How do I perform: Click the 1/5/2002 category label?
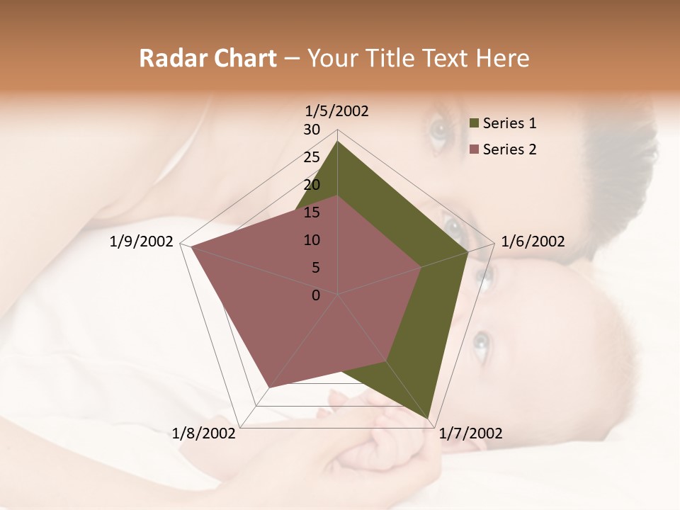pos(336,110)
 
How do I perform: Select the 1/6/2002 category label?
pos(533,242)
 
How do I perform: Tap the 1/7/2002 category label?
pos(470,433)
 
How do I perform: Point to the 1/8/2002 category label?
pos(204,433)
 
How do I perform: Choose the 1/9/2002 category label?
pos(142,242)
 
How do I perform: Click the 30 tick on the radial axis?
pos(312,130)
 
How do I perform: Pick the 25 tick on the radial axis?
pos(312,157)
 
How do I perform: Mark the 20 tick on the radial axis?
pos(312,185)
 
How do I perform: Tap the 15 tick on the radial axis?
pos(312,212)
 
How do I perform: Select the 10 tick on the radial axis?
pos(312,240)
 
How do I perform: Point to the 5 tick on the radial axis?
pos(315,268)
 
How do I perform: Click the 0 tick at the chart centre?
pos(316,295)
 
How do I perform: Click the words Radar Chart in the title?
pos(208,58)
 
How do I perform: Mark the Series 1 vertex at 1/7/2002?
pos(429,419)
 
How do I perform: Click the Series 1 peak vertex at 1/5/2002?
pos(338,141)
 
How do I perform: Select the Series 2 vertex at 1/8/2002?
pos(270,387)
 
